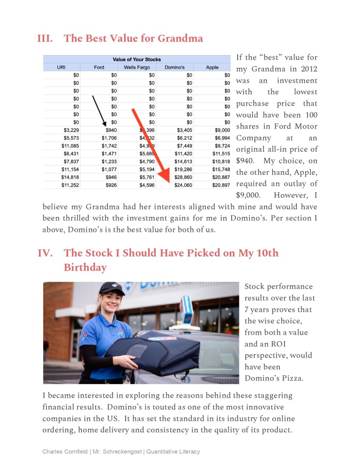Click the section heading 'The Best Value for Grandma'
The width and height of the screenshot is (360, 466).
tap(133, 38)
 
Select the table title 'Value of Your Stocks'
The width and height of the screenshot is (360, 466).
tap(137, 59)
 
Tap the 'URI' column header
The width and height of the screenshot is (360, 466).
tap(61, 67)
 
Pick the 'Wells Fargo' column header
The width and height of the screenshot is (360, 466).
tap(137, 67)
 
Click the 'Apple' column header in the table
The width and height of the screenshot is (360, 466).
tap(212, 67)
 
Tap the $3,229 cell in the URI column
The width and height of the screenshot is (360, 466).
tap(70, 130)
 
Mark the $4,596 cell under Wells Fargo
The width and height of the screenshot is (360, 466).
tap(147, 185)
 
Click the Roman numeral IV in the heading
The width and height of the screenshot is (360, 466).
tap(45, 253)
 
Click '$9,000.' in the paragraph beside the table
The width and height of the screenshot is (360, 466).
tap(248, 195)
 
